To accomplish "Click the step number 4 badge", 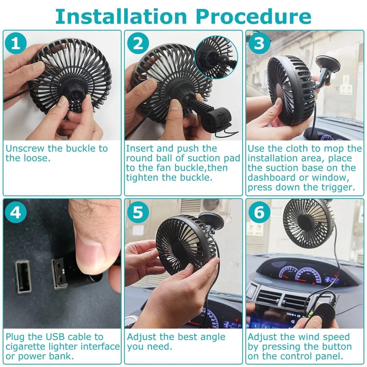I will point(16,212).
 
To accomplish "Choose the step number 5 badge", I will point(138,212).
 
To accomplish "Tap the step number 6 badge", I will point(259,212).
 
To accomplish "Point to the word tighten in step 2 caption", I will point(141,178).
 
